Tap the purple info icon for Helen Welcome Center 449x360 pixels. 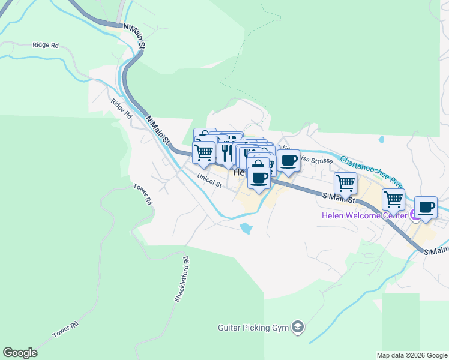(414, 215)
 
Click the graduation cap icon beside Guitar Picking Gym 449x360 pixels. (297, 327)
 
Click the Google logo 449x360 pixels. (20, 353)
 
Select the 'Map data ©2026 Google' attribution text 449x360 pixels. (412, 355)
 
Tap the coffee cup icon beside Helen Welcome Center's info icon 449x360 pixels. (426, 208)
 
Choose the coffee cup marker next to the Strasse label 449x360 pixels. (288, 161)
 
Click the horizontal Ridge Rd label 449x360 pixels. (46, 45)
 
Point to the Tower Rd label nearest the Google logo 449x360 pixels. (65, 329)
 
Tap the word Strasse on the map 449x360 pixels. (313, 161)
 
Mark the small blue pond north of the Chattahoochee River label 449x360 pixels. (381, 140)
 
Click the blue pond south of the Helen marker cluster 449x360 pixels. (246, 228)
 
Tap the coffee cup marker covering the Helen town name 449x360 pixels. (258, 178)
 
